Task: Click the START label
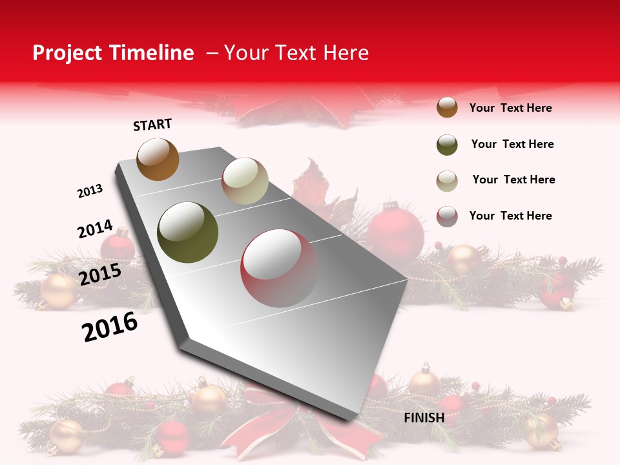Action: (152, 125)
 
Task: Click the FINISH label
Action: (424, 418)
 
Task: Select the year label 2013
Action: (90, 191)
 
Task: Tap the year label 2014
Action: (95, 229)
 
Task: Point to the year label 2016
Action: (110, 327)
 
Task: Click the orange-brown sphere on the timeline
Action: (158, 159)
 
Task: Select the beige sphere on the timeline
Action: (245, 181)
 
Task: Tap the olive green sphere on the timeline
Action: (188, 232)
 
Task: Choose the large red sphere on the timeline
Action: (280, 268)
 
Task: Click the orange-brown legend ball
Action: (447, 107)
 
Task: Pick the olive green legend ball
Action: (447, 145)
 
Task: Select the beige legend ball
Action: (447, 181)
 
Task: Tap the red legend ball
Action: (447, 216)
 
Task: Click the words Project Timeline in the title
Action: (113, 53)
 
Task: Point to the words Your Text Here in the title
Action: (296, 53)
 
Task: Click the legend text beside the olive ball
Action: (512, 144)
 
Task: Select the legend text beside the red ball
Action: (510, 216)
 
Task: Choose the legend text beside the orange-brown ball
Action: (510, 108)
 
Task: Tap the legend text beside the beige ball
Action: (513, 180)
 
